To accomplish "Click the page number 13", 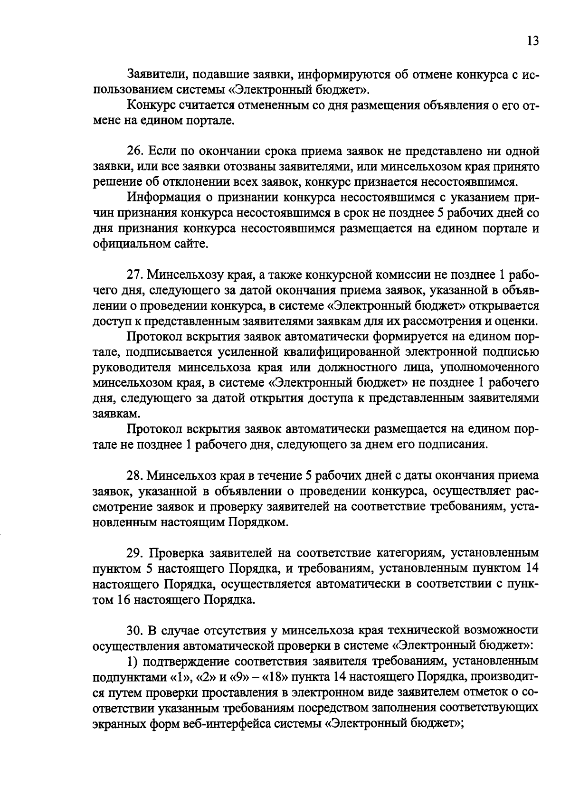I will (532, 41).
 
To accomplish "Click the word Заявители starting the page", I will (153, 75).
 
